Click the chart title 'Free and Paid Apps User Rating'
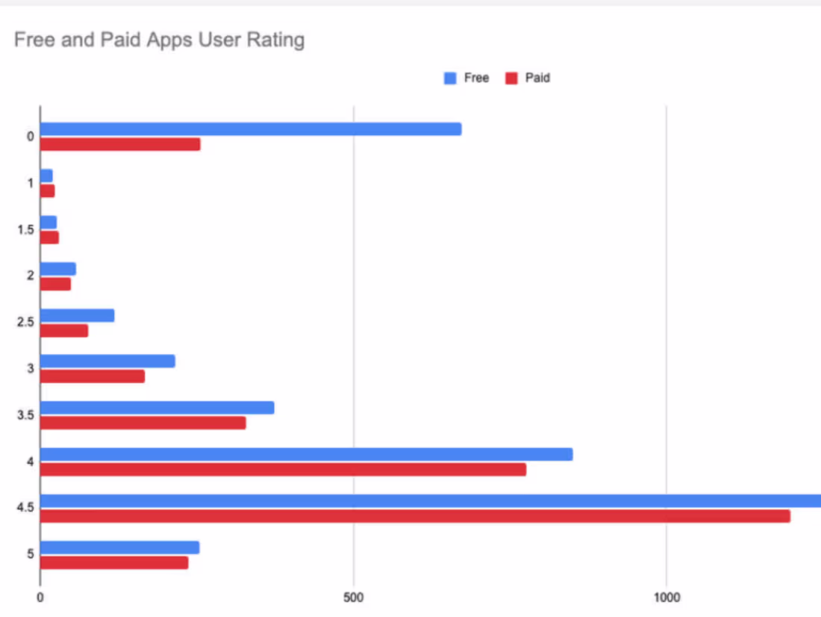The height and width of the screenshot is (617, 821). point(159,40)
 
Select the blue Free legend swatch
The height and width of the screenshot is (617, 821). point(450,78)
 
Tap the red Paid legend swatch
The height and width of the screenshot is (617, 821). point(511,78)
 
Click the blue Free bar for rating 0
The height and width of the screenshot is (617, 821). point(251,129)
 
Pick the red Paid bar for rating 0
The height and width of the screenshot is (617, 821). point(120,144)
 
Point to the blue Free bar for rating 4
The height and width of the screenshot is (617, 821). point(306,454)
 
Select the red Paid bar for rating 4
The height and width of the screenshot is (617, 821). point(283,469)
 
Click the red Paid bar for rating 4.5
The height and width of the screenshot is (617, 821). point(415,516)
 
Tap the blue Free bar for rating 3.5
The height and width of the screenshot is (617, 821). point(157,408)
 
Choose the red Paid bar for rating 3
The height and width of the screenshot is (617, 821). point(93,376)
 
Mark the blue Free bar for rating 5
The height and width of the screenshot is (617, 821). point(119,548)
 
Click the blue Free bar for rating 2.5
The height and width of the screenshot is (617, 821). point(77,315)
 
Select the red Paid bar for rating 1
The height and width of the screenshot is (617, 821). point(47,191)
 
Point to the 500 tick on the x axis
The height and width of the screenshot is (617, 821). point(354,598)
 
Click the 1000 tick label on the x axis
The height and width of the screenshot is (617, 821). point(667,598)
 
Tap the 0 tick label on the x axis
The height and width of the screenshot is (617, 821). point(40,598)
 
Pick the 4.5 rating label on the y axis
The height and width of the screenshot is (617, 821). point(26,508)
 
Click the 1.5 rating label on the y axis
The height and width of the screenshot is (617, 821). point(26,229)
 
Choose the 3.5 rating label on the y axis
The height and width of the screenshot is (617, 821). point(26,415)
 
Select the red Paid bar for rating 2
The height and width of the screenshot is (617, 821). point(55,284)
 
